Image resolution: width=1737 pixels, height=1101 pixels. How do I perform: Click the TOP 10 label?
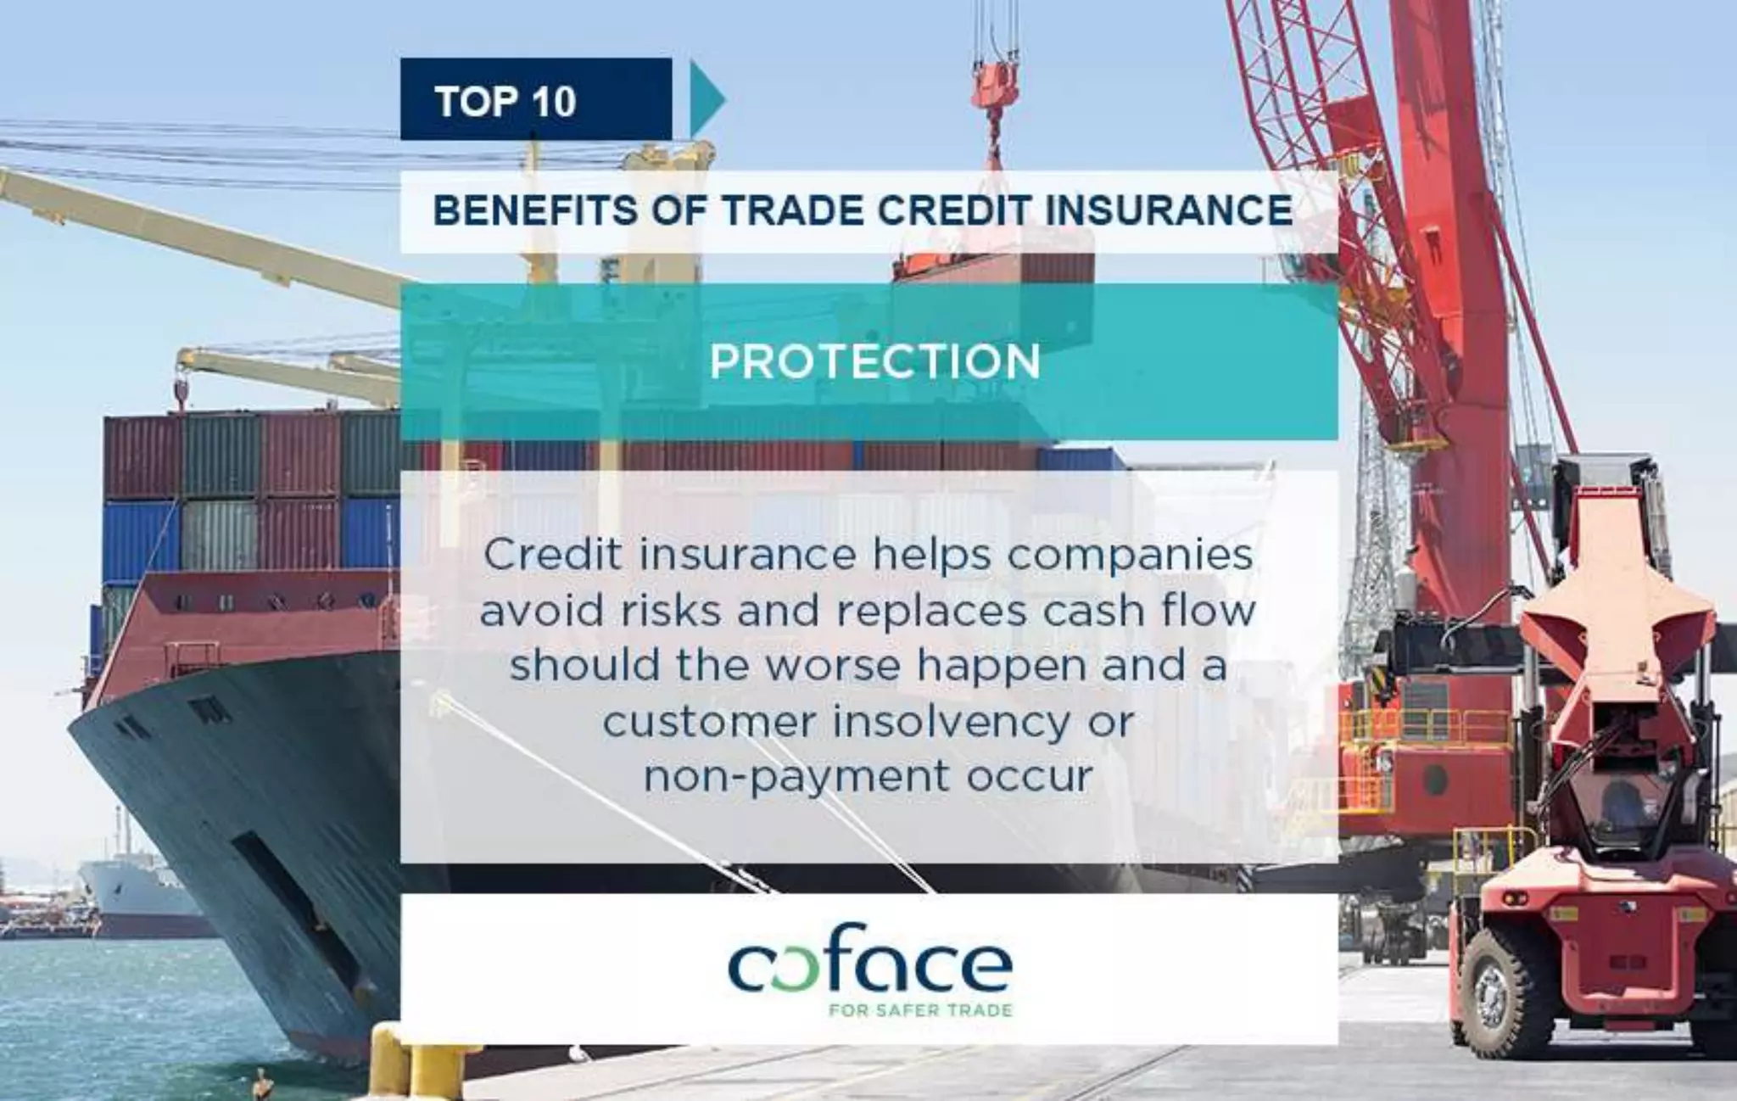tap(505, 102)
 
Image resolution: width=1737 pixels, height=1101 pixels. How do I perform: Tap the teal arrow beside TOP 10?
tap(707, 100)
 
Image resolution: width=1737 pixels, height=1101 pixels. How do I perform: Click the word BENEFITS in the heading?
tap(533, 210)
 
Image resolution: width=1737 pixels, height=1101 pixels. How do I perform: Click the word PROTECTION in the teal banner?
tap(874, 362)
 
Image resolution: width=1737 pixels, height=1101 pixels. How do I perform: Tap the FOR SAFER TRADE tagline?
tap(919, 1010)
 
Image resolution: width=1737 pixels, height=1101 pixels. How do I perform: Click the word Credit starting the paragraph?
tap(551, 556)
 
